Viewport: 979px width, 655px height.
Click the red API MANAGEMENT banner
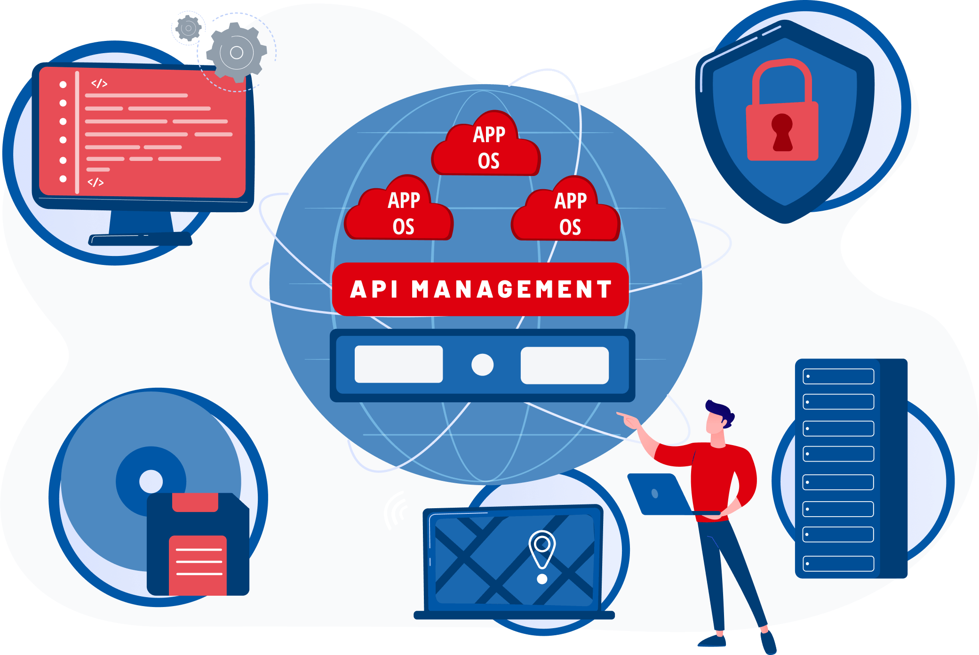coord(480,289)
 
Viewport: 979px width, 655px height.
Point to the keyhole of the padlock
coord(782,132)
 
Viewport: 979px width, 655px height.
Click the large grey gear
coord(237,52)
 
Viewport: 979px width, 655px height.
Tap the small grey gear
coord(188,28)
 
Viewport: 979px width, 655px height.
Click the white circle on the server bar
coord(482,365)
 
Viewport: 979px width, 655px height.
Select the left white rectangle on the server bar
coord(398,365)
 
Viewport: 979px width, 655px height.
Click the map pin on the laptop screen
coord(542,548)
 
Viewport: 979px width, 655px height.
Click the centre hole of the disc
coord(151,481)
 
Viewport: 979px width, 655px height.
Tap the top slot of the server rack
coord(838,376)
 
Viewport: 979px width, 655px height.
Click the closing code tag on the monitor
coord(96,182)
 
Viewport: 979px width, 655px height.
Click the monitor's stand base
coord(140,240)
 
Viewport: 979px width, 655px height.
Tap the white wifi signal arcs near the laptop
coord(395,511)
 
